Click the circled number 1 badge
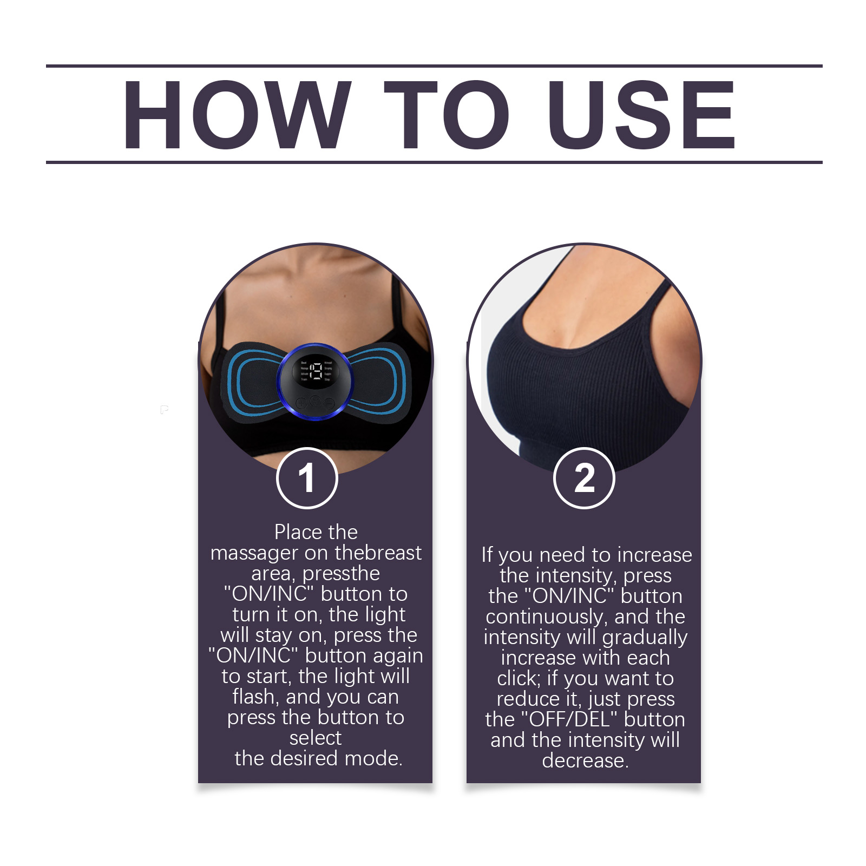coord(307,478)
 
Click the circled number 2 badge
coord(584,478)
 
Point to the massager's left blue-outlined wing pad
coord(253,379)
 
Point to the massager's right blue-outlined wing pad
coord(378,379)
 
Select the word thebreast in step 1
coord(378,553)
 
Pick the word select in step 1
coord(315,738)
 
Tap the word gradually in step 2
coord(645,638)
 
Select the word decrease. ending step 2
coord(585,760)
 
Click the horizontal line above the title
coord(434,66)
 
